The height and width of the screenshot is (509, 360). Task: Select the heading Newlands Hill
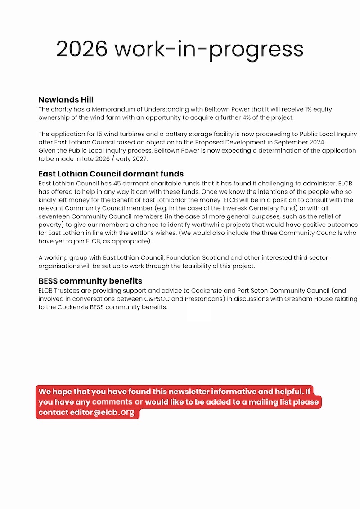[66, 100]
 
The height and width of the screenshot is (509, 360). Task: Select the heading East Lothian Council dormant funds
[111, 174]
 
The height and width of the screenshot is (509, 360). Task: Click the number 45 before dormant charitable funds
[122, 184]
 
